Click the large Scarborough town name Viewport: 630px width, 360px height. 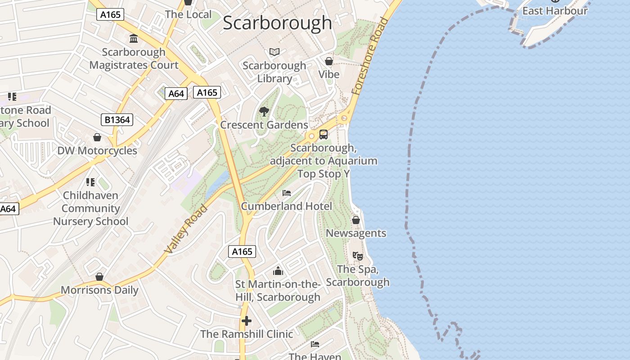coord(277,23)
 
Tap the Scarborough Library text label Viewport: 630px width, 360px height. coord(274,72)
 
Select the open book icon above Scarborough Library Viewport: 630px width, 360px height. coord(274,52)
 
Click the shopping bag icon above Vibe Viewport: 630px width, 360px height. coord(329,61)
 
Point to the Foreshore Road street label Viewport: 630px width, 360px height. coord(370,56)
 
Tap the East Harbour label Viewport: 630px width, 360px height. coord(555,11)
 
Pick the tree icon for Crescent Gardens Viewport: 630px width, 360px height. coord(264,111)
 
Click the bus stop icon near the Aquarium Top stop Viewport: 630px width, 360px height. coord(324,135)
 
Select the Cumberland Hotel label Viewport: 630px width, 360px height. coord(287,206)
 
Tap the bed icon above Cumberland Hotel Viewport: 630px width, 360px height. coord(287,193)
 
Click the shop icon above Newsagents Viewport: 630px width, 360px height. coord(356,220)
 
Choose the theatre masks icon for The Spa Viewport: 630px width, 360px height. coord(358,256)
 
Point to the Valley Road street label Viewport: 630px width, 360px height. coord(186,229)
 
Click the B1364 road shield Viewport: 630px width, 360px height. coord(117,120)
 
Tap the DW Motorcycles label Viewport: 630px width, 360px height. coord(97,151)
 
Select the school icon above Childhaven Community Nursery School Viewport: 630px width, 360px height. coord(90,182)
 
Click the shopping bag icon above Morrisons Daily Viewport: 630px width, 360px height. coord(99,277)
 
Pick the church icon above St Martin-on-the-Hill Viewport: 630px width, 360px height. coord(278,271)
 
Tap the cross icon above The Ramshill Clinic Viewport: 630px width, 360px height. coord(247,321)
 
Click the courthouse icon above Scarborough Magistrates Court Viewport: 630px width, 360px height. coord(134,39)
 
